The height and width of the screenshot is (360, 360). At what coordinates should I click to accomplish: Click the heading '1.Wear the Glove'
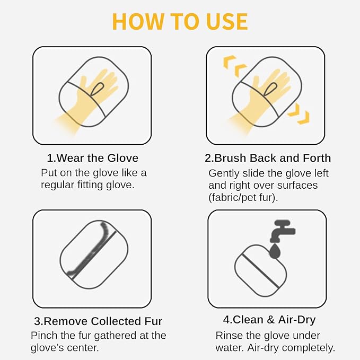pyautogui.click(x=93, y=158)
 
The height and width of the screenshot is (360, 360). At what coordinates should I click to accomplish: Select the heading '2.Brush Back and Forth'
pyautogui.click(x=268, y=158)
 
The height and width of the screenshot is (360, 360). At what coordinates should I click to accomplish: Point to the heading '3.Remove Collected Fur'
pyautogui.click(x=98, y=321)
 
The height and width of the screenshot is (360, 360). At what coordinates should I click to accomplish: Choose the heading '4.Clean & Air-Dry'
pyautogui.click(x=269, y=320)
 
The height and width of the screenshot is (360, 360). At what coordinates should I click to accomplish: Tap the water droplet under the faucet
pyautogui.click(x=275, y=250)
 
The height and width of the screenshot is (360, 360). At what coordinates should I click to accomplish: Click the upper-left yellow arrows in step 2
pyautogui.click(x=234, y=65)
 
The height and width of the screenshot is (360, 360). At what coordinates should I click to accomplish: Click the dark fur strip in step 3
pyautogui.click(x=91, y=249)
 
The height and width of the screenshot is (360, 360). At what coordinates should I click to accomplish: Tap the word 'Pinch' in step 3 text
pyautogui.click(x=44, y=336)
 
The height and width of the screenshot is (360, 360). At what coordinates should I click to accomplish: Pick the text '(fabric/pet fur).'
pyautogui.click(x=243, y=197)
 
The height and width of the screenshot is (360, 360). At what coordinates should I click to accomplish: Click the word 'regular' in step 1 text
pyautogui.click(x=57, y=185)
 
